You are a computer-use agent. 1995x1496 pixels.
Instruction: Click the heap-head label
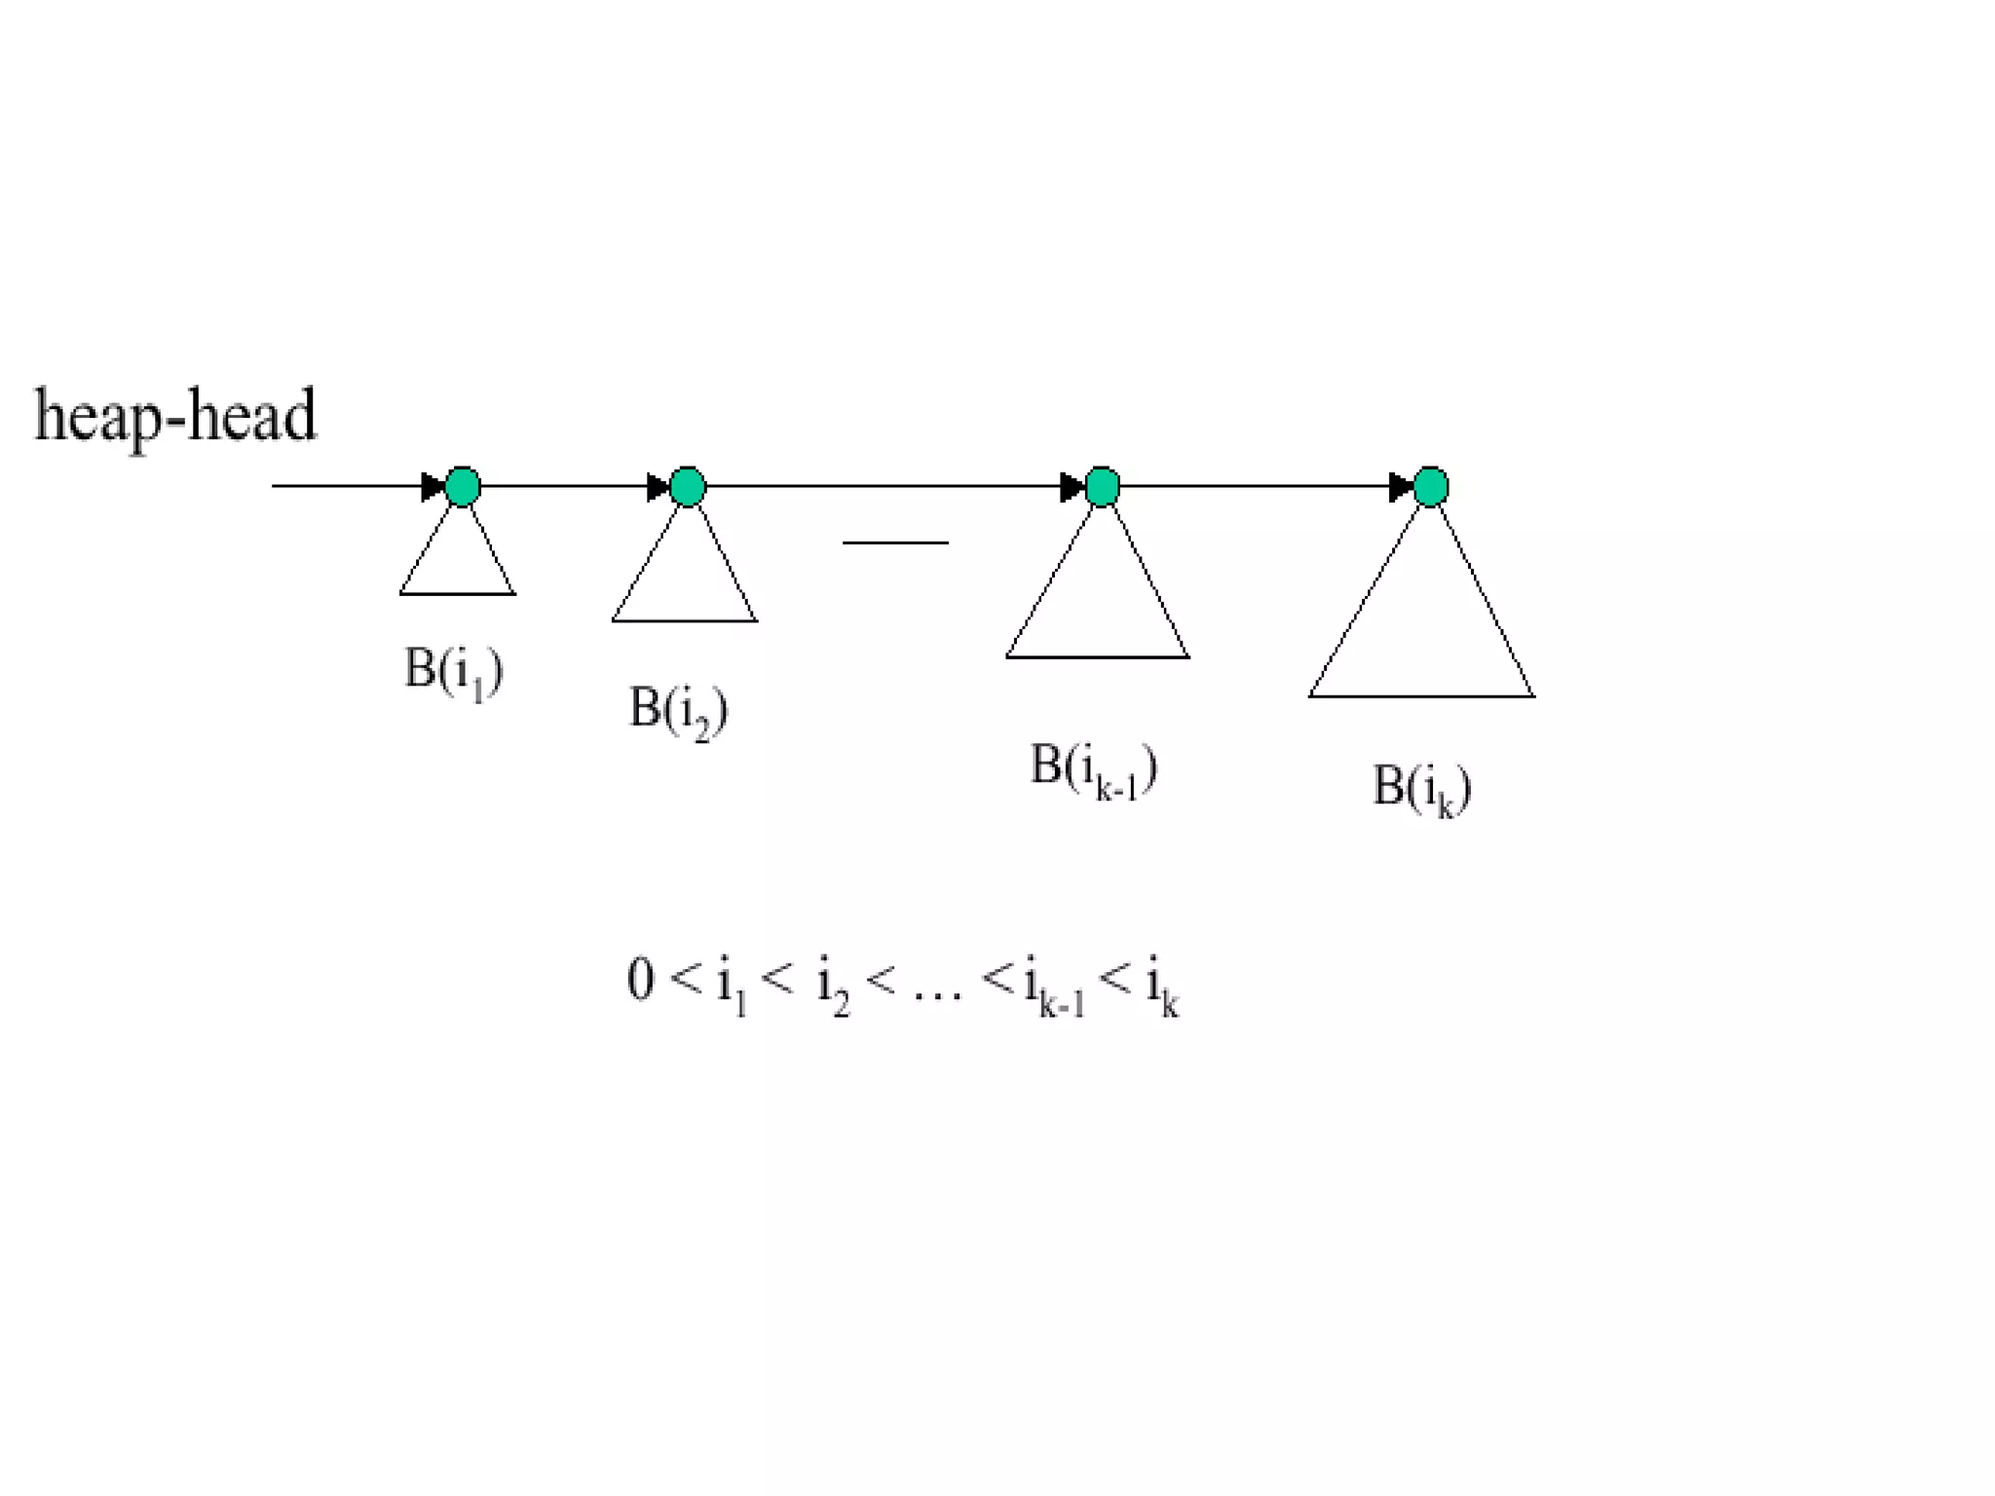point(175,416)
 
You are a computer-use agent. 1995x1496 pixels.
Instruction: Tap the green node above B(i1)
point(463,486)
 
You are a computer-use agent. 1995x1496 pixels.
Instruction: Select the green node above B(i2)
point(688,486)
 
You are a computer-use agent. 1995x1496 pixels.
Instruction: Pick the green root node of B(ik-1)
point(1102,486)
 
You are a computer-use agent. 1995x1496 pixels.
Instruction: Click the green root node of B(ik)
point(1430,486)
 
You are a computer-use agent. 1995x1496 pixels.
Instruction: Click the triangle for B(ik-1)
point(1098,609)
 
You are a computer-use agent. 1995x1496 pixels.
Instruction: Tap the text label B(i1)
point(454,671)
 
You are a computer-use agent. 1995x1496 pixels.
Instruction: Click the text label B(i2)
point(679,710)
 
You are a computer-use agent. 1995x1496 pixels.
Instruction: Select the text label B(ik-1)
point(1094,768)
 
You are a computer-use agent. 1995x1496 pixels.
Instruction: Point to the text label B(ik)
point(1421,788)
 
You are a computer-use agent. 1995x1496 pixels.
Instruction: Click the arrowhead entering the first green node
point(432,486)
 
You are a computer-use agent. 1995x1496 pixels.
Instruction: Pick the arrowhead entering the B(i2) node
point(658,486)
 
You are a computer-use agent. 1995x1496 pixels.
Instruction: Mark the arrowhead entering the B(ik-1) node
point(1071,486)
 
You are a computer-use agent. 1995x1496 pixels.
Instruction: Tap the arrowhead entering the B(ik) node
point(1400,486)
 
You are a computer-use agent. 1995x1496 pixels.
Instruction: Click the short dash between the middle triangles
point(895,542)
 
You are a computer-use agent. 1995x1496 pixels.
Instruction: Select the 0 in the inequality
point(641,979)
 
